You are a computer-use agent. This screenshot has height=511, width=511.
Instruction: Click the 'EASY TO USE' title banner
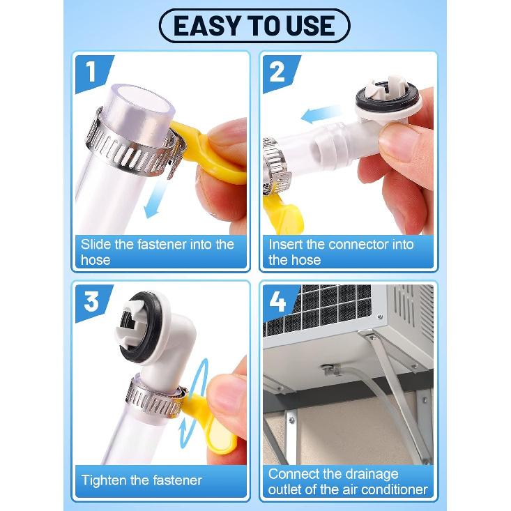pyautogui.click(x=255, y=26)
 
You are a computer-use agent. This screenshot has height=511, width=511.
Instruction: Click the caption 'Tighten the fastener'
pyautogui.click(x=142, y=480)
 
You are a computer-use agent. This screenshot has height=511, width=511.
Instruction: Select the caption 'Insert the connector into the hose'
pyautogui.click(x=341, y=252)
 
